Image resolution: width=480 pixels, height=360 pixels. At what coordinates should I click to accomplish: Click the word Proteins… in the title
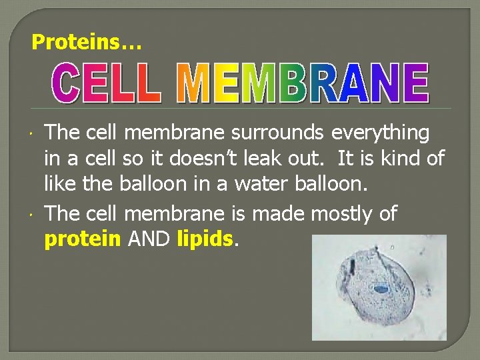pyautogui.click(x=87, y=43)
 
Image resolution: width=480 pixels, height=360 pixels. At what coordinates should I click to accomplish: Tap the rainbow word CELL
pyautogui.click(x=107, y=84)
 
